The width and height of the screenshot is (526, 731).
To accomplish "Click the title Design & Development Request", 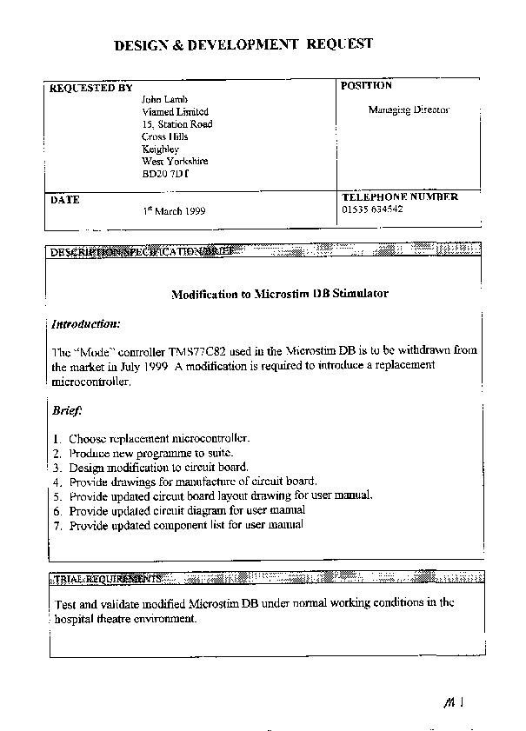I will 244,43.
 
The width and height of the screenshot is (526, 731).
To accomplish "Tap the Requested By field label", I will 91,88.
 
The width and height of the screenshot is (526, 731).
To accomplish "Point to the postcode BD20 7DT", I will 164,174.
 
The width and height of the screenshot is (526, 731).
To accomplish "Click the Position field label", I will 366,86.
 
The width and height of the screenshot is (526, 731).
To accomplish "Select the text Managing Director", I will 408,110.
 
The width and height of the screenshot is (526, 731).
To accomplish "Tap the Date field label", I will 65,200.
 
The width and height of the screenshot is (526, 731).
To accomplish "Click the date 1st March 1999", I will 174,211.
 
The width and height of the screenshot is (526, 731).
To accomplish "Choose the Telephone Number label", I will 399,197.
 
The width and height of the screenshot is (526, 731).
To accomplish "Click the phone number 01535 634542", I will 372,209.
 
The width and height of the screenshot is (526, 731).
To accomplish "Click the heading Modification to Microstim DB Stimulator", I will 279,294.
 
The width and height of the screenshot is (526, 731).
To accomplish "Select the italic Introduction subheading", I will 85,324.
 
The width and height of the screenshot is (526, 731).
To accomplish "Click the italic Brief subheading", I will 66,409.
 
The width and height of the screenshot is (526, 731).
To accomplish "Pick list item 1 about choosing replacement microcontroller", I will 159,438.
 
